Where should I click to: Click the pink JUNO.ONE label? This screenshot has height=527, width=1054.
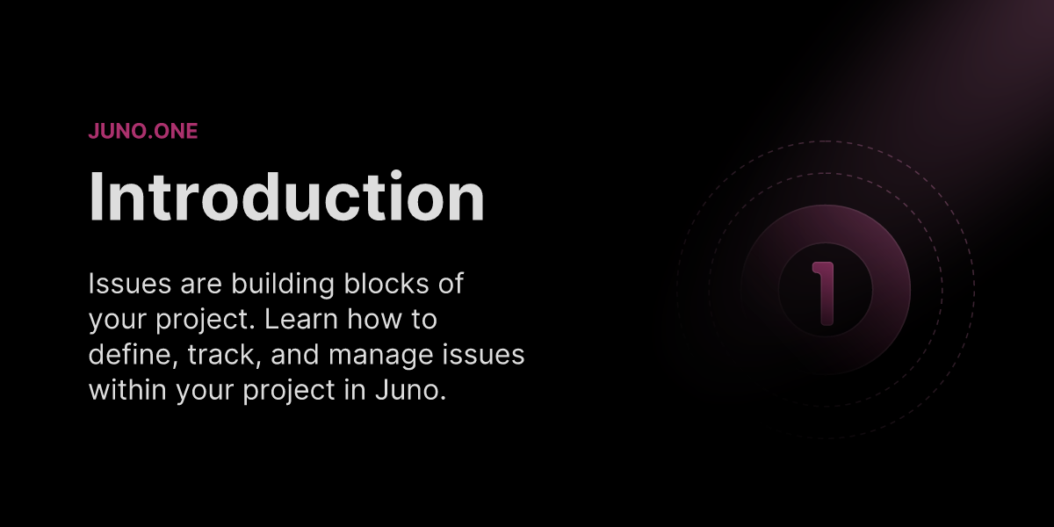(143, 132)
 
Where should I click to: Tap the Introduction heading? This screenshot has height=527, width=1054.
(286, 197)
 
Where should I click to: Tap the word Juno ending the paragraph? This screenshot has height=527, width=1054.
(412, 389)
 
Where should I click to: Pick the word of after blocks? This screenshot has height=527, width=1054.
(451, 284)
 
